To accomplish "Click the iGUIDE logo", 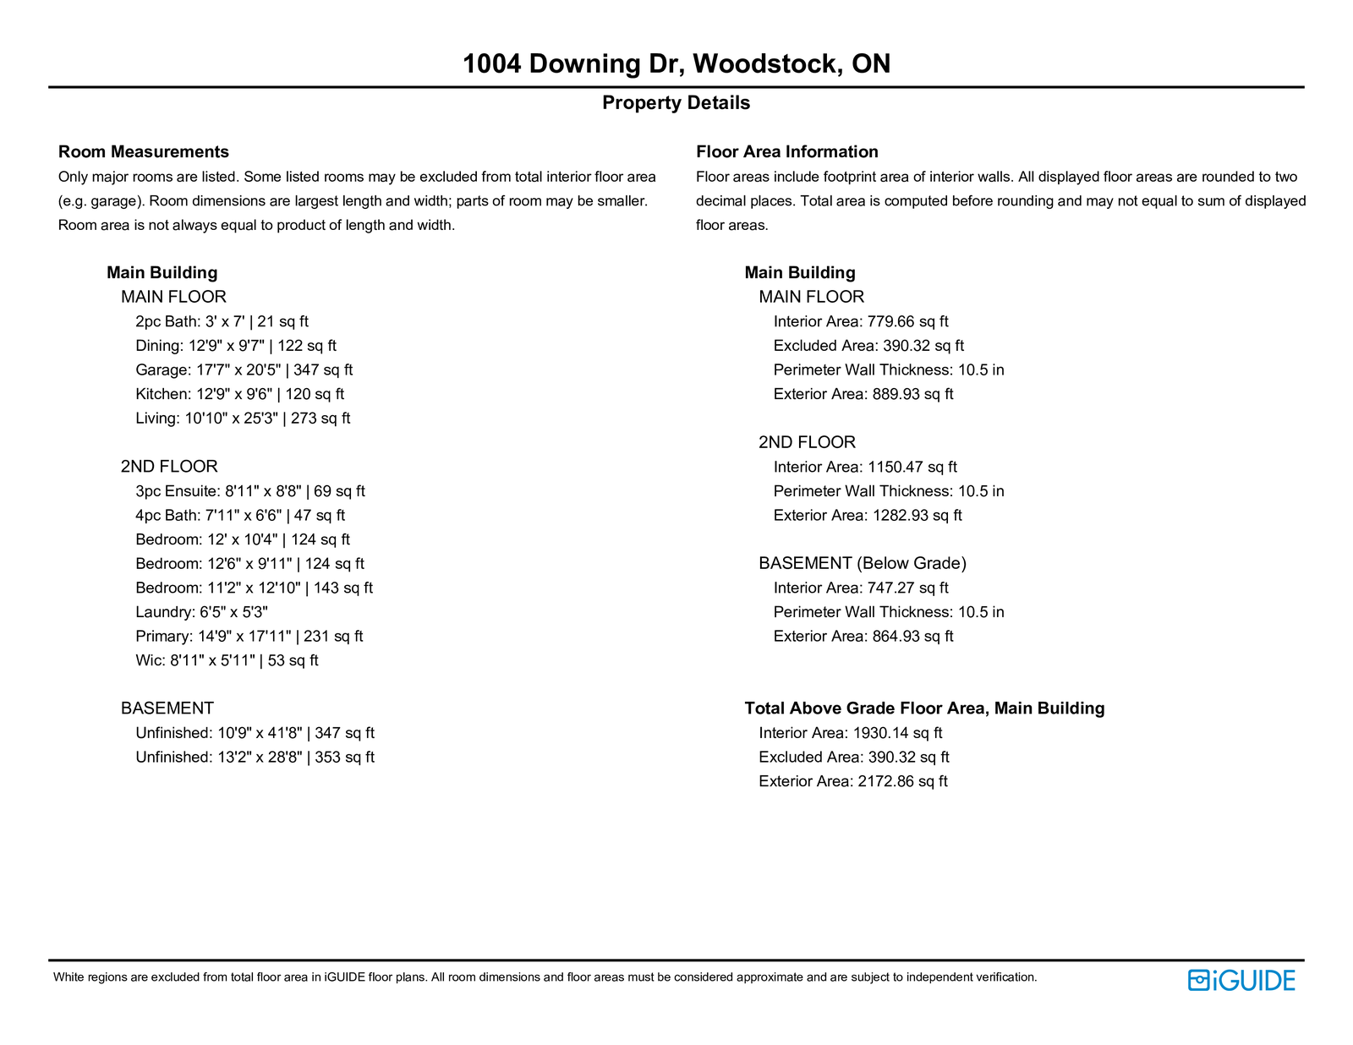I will pos(1241,980).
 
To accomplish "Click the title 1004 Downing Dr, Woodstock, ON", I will pos(676,64).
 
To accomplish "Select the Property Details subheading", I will pos(676,103).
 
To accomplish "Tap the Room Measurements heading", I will pos(144,152).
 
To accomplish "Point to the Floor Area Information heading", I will pos(786,152).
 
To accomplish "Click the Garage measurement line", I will pos(244,370).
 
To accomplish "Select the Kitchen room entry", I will pos(239,394).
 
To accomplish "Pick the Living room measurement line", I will pos(243,419).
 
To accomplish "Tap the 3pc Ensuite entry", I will pos(249,491).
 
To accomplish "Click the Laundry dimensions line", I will pos(201,612).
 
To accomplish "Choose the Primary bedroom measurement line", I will pos(249,637).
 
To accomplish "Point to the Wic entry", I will pos(227,661).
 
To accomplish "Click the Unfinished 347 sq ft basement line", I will pos(255,733).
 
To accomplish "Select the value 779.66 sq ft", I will pos(907,322).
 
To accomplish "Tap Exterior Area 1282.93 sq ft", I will pos(868,516).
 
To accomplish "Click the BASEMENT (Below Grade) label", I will pos(862,564).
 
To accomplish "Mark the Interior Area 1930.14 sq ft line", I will pos(850,733).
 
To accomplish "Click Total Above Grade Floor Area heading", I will pos(924,709).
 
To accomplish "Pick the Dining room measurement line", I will pos(236,346).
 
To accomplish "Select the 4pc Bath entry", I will pos(240,516).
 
